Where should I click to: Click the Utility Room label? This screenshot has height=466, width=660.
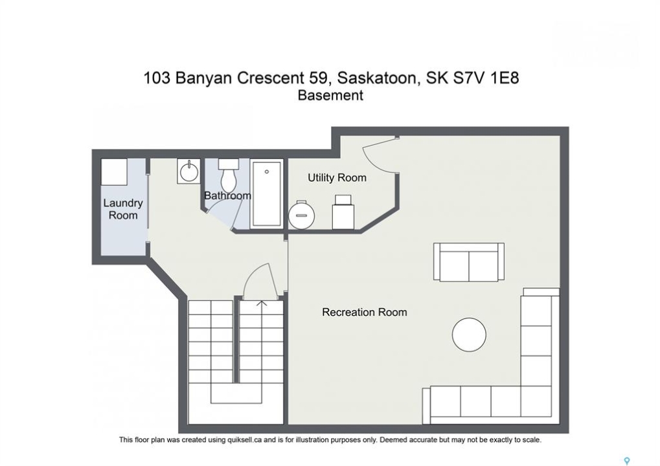click(x=337, y=178)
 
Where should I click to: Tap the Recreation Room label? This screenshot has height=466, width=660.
click(x=365, y=312)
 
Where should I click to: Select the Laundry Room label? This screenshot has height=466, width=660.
click(x=123, y=209)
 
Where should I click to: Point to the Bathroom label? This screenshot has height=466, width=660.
click(x=228, y=195)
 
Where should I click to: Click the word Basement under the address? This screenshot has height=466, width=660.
click(x=330, y=96)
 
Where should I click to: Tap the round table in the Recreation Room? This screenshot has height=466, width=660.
click(x=469, y=335)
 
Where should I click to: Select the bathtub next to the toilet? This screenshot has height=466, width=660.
click(x=266, y=194)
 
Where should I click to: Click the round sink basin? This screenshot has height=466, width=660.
click(x=188, y=171)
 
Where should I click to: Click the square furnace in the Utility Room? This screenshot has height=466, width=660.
click(x=343, y=212)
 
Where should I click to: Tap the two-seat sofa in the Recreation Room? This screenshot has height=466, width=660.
click(x=469, y=261)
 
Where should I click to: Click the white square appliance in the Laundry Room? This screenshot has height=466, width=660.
click(x=114, y=172)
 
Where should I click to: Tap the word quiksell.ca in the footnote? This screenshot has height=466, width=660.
click(x=244, y=440)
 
